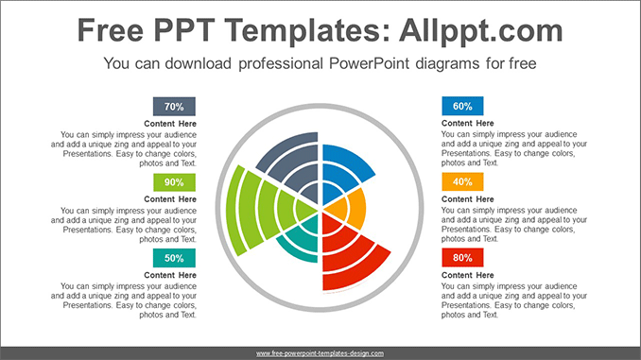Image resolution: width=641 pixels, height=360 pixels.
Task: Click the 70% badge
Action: (x=174, y=107)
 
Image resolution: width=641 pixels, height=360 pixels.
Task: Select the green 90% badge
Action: (x=174, y=182)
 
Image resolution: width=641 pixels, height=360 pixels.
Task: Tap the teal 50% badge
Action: (x=174, y=258)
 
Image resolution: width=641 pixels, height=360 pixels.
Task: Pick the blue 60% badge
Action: (x=462, y=107)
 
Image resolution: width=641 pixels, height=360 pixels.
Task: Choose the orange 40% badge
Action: (x=462, y=182)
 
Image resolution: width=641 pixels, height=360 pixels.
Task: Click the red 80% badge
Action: (x=462, y=258)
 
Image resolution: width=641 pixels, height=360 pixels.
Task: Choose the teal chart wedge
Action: (x=299, y=240)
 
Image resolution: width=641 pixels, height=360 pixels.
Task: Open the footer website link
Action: (x=320, y=352)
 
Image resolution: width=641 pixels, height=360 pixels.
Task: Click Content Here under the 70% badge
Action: (x=170, y=124)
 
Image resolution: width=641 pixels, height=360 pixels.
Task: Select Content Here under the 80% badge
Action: (x=467, y=275)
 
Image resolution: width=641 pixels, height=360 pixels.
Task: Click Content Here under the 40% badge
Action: (x=467, y=199)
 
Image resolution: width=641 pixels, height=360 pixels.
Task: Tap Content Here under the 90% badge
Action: (x=170, y=199)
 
